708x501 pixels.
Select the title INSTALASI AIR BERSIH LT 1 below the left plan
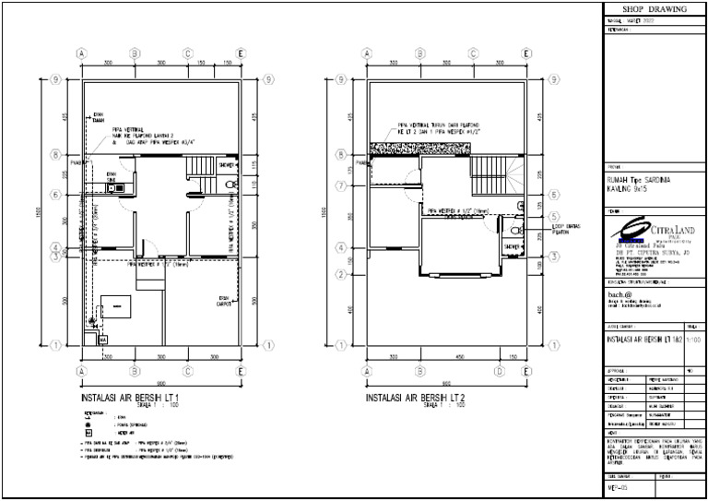[x=136, y=397]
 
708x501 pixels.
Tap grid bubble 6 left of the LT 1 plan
[x=57, y=195]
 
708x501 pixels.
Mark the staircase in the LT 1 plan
[x=200, y=169]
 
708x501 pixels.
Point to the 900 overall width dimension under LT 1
[x=161, y=382]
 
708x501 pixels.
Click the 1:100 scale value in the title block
[x=693, y=340]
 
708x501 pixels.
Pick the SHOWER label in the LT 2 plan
[x=511, y=247]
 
